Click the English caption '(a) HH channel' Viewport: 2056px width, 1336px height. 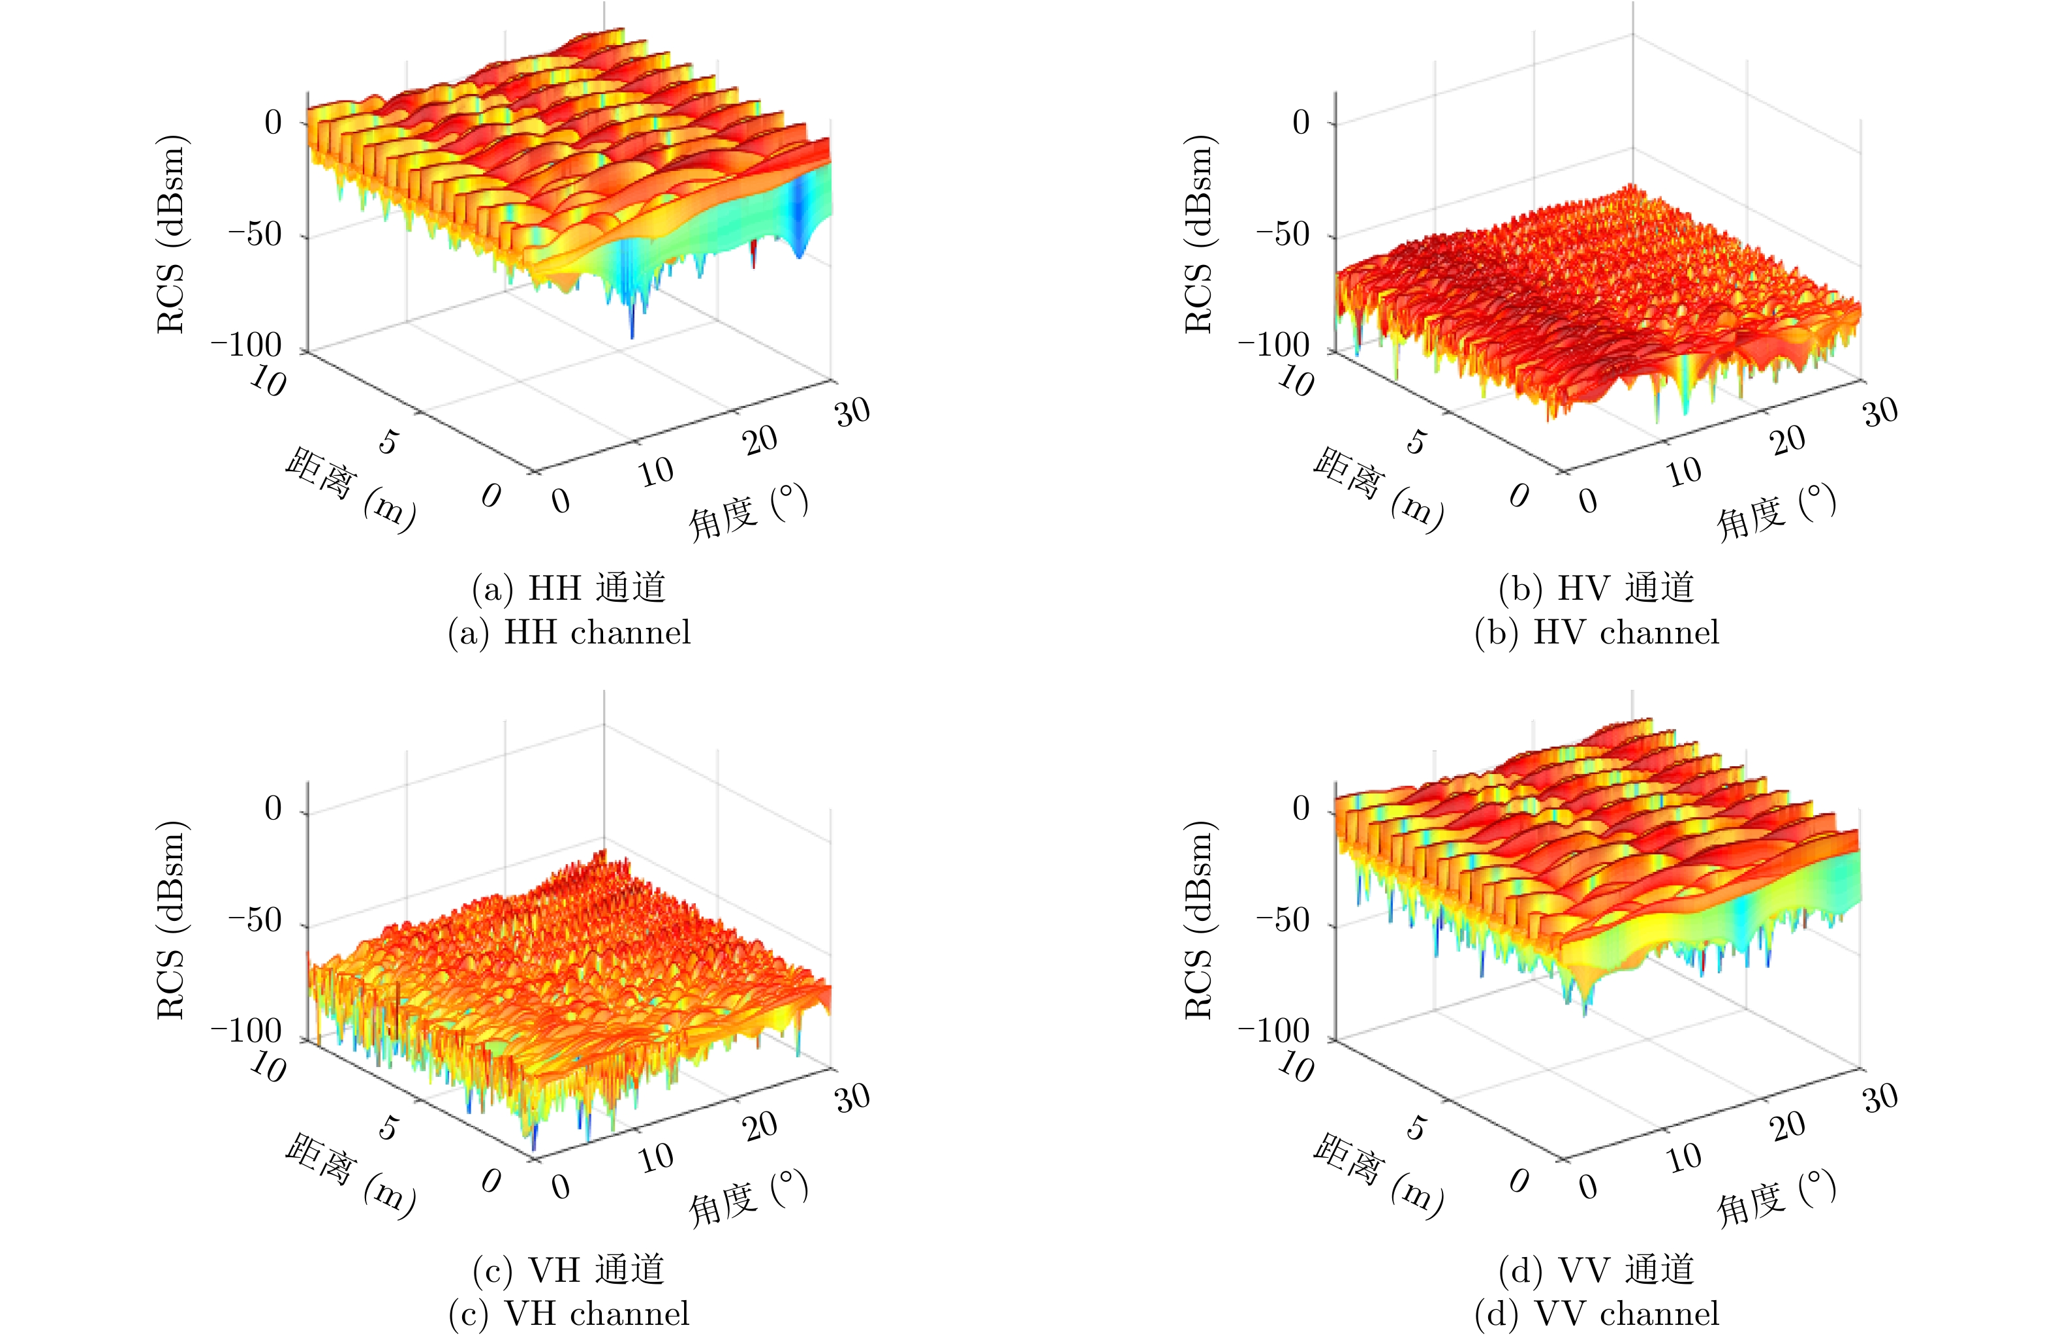coord(569,633)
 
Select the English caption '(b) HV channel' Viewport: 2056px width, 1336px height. coord(1597,633)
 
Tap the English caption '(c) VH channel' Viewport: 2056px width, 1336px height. coord(569,1314)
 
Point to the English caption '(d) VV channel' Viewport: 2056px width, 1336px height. coord(1597,1314)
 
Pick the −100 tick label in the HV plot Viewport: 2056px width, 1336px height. coord(1274,345)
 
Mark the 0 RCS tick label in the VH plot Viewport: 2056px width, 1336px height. coord(273,809)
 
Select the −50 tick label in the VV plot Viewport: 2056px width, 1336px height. coord(1283,921)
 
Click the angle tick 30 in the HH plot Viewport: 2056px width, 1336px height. coord(852,412)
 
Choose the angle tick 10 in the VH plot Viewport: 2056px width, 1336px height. coord(657,1157)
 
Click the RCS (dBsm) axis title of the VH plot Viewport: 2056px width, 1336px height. coord(171,920)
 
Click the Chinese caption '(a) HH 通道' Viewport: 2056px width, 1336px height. coord(569,588)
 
